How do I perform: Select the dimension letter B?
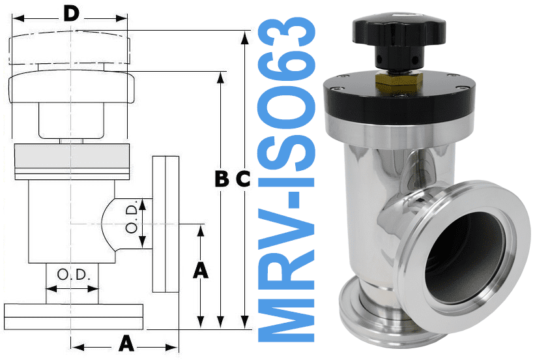click(x=222, y=179)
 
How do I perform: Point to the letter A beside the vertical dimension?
click(x=201, y=269)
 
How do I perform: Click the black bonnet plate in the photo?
click(x=398, y=101)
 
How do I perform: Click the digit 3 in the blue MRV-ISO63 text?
click(x=290, y=35)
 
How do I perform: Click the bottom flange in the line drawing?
click(x=72, y=316)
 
